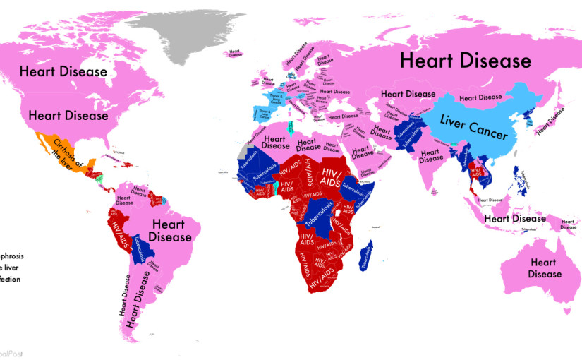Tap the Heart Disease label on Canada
tap(63, 71)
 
